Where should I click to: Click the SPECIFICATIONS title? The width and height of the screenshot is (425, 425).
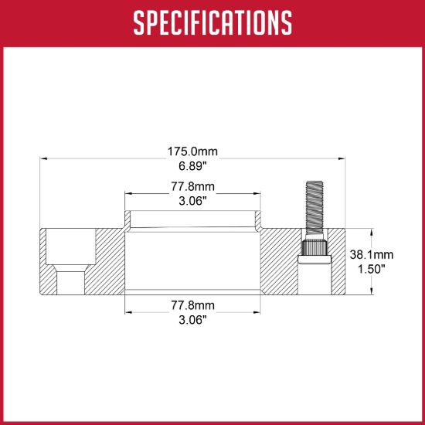212,22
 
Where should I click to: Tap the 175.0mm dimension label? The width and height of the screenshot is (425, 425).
192,151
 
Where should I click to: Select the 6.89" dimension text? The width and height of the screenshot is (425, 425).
192,166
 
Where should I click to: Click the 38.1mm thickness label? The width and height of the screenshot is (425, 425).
372,254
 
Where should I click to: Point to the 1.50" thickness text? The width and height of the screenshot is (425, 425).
372,269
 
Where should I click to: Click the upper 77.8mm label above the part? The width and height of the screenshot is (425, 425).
192,186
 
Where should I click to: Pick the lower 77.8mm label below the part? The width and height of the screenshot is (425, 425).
192,305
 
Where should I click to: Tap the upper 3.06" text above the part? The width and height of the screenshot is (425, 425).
192,201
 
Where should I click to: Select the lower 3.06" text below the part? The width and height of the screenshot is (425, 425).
192,320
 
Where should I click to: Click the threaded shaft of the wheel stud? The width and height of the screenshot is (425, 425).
314,209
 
